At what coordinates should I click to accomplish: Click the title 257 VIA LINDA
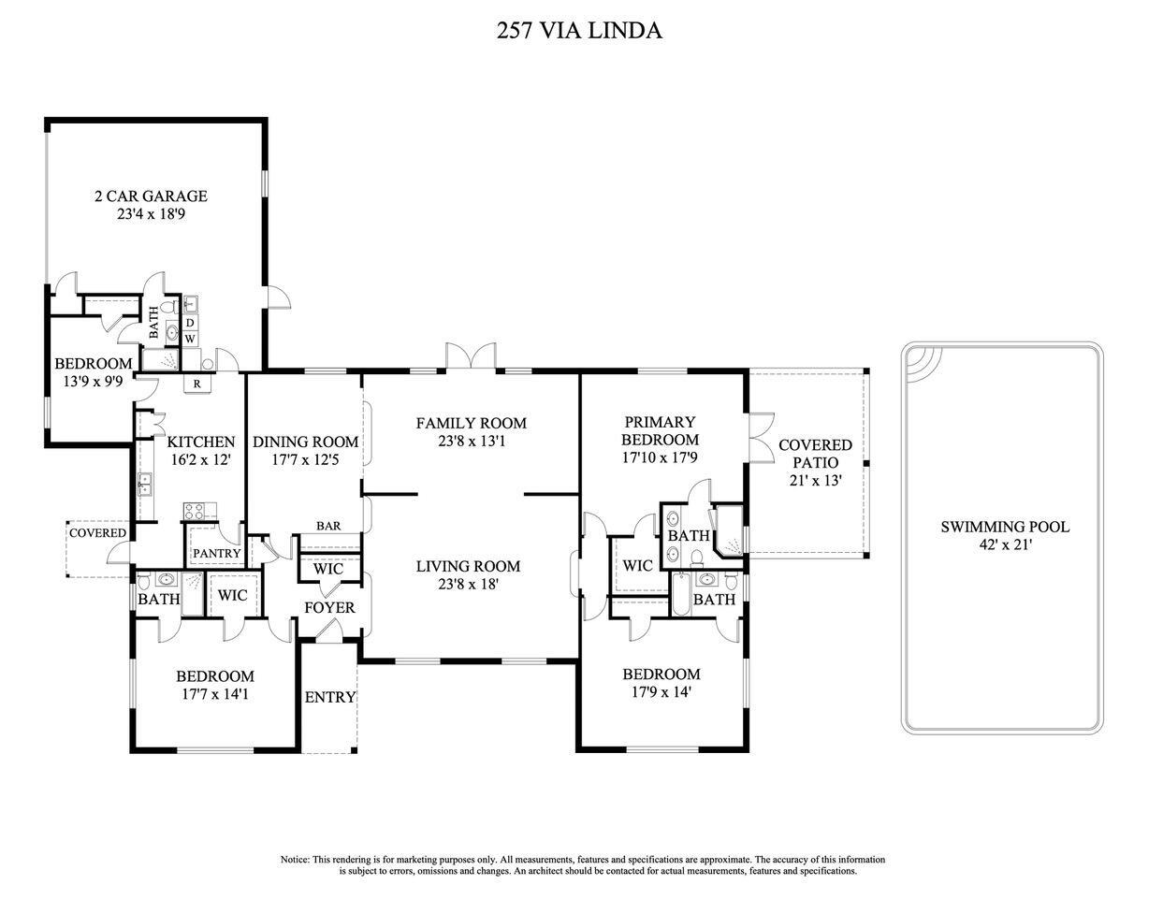click(x=579, y=31)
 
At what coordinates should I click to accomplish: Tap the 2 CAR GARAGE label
click(x=151, y=196)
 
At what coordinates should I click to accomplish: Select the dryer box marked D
click(x=190, y=323)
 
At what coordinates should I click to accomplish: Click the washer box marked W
click(x=190, y=339)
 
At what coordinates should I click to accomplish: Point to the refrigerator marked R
click(x=197, y=384)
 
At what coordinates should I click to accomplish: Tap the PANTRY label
click(x=216, y=553)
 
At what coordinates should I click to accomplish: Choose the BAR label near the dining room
click(x=328, y=526)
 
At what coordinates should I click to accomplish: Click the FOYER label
click(x=329, y=607)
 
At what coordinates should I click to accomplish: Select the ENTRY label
click(x=330, y=697)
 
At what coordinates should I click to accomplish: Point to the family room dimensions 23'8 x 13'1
click(x=472, y=441)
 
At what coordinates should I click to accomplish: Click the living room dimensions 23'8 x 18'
click(x=469, y=584)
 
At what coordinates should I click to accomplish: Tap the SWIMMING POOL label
click(x=1005, y=527)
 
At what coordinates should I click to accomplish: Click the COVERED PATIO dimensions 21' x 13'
click(x=816, y=481)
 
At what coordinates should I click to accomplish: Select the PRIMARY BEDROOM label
click(x=660, y=430)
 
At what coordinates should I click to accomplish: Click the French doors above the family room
click(x=471, y=355)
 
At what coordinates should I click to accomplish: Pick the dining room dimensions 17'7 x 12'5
click(x=306, y=459)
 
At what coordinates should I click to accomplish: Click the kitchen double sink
click(x=145, y=484)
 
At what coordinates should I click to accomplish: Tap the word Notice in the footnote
click(x=295, y=860)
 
